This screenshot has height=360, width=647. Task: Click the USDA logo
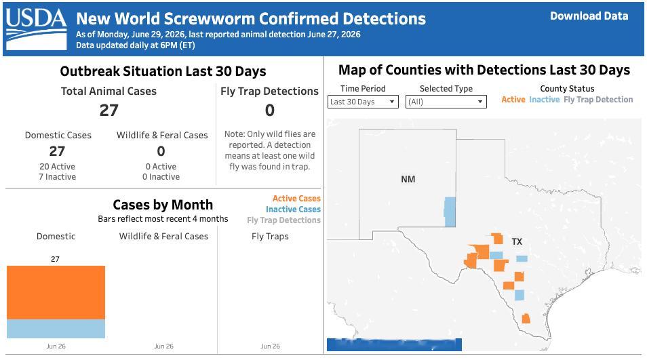point(37,29)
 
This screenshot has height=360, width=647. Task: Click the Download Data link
point(589,16)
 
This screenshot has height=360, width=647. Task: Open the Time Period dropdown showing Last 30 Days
point(363,102)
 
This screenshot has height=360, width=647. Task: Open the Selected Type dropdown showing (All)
point(446,102)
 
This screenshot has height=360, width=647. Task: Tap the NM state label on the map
point(408,180)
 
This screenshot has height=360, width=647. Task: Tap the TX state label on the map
point(517,241)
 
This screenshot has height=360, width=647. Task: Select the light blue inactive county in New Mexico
point(450,212)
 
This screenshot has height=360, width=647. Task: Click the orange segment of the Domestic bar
point(56,292)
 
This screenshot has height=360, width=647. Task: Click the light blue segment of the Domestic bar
point(56,329)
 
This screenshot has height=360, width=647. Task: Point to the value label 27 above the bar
point(56,259)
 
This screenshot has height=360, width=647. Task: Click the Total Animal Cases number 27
point(109,111)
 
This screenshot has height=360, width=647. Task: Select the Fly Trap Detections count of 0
point(269,111)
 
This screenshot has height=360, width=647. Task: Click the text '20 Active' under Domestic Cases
point(58,167)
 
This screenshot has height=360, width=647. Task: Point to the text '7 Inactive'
point(58,177)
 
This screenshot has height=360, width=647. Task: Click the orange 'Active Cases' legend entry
point(296,199)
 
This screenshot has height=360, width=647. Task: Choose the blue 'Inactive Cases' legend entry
point(293,209)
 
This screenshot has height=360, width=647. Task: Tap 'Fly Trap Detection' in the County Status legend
point(598,100)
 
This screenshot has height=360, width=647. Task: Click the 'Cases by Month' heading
point(163,205)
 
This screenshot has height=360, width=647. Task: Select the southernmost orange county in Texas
point(526,319)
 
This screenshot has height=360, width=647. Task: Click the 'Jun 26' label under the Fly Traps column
point(271,346)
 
